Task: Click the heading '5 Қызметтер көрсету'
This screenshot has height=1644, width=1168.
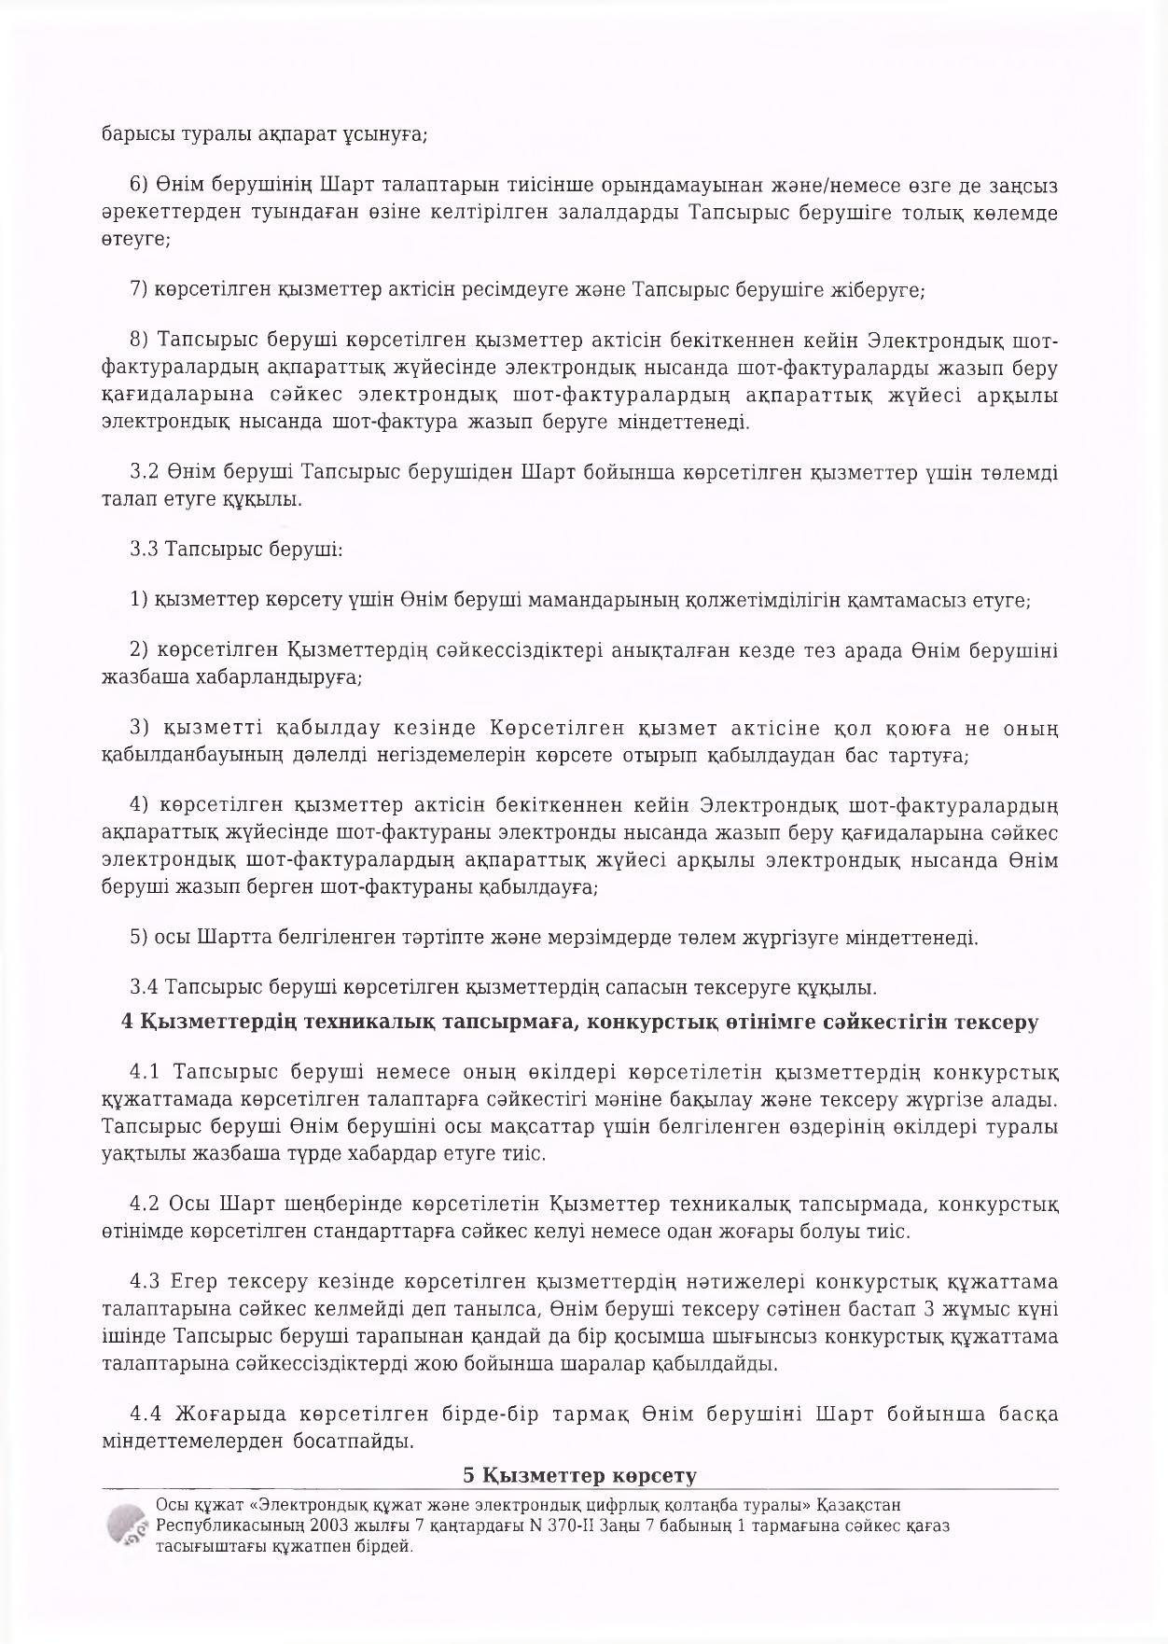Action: tap(580, 1475)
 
